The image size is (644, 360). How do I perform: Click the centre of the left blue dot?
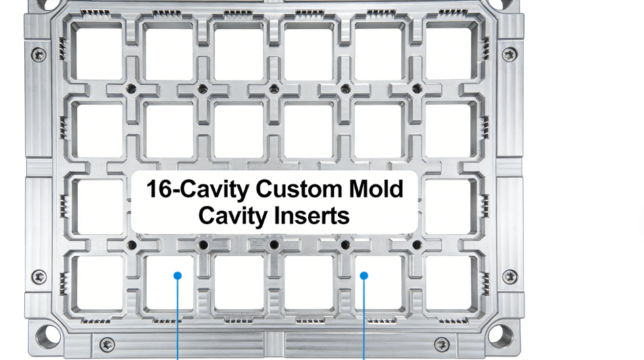click(178, 276)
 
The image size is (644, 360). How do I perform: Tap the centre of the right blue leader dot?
click(364, 276)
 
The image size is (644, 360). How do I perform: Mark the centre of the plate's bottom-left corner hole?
click(48, 336)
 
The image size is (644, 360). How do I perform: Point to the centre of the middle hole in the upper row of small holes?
click(274, 88)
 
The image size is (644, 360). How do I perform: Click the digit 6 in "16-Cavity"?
click(165, 189)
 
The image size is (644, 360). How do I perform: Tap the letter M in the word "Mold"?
click(359, 189)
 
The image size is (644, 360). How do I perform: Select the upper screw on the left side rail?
click(39, 55)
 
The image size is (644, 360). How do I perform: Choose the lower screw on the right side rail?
click(510, 277)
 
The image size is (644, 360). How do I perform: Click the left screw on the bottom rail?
click(107, 344)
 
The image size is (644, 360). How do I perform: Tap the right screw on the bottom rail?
click(442, 344)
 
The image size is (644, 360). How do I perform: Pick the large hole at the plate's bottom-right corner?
click(501, 336)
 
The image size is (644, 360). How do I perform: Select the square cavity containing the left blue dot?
click(169, 283)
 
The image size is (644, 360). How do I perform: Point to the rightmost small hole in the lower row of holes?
click(417, 245)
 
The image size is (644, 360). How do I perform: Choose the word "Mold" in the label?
click(376, 189)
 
